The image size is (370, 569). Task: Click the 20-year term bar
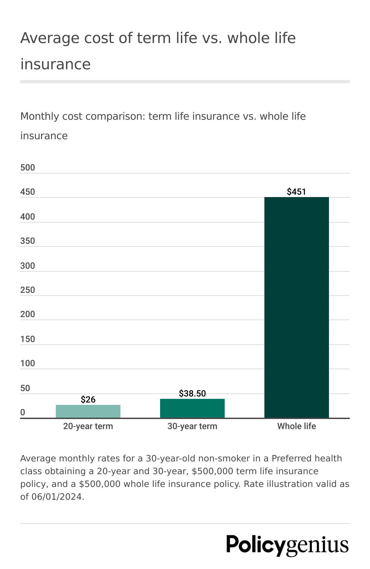(88, 411)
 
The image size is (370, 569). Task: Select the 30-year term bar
(192, 408)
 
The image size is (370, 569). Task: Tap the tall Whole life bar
(296, 307)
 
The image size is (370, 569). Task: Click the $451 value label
(296, 192)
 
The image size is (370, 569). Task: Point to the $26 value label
(88, 400)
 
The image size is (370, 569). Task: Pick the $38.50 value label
(192, 393)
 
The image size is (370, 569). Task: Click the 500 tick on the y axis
(28, 168)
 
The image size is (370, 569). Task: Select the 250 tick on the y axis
(28, 290)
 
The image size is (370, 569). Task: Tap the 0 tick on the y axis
(23, 412)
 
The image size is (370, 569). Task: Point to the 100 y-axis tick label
(28, 363)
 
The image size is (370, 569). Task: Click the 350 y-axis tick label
(28, 241)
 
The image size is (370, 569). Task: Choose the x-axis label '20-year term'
(88, 426)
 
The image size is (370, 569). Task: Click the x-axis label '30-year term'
(192, 426)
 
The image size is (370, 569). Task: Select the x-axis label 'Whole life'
(296, 426)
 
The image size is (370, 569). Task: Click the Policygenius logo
(287, 545)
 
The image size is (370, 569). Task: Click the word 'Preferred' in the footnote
(292, 458)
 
